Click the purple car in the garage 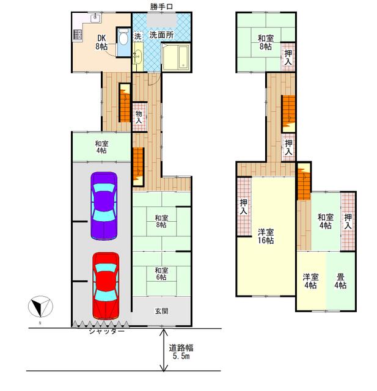tap(104, 206)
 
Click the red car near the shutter tap(106, 286)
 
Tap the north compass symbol tap(40, 307)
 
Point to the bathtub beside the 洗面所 tap(176, 57)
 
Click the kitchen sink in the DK tap(95, 18)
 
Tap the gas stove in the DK tap(78, 35)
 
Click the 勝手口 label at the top tap(161, 7)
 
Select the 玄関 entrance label tap(161, 311)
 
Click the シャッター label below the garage tap(106, 331)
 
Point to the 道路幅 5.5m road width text tap(181, 352)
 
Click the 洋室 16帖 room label tap(266, 236)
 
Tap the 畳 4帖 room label tap(340, 281)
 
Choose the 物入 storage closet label tap(139, 117)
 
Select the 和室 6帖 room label tap(161, 274)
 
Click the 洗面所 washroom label tap(161, 35)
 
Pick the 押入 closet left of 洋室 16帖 tap(244, 206)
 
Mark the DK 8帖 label tap(101, 42)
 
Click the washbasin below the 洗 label tap(137, 55)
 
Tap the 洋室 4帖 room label tap(310, 281)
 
